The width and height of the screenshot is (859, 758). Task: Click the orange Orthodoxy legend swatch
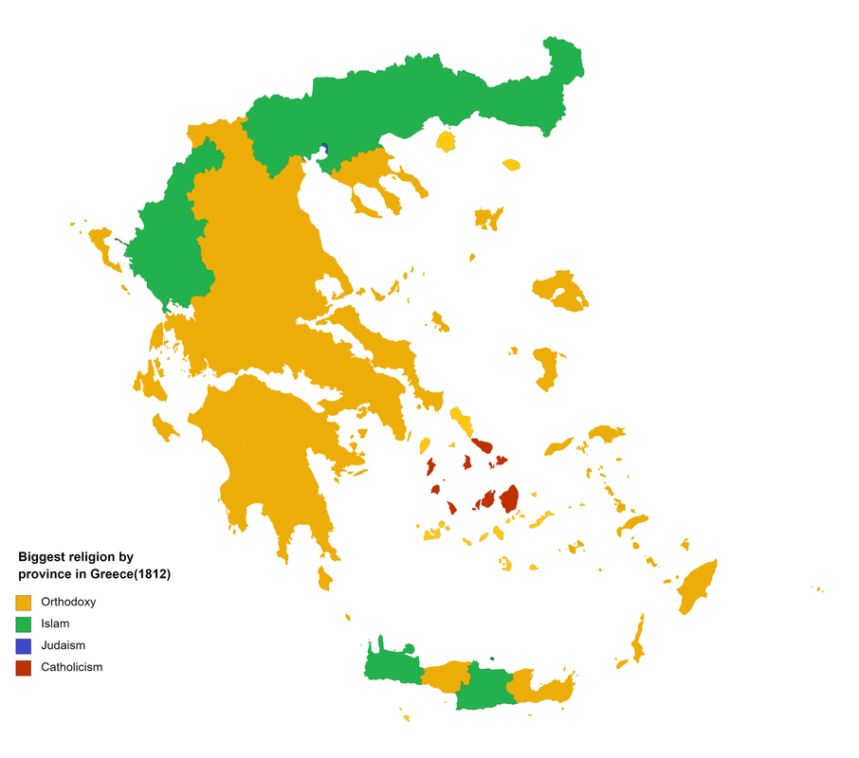point(23,602)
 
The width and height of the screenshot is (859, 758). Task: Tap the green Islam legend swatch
point(23,623)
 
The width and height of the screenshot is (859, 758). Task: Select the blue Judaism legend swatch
point(23,645)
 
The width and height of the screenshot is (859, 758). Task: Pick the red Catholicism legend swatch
point(23,667)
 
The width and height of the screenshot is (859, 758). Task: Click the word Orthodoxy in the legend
point(68,602)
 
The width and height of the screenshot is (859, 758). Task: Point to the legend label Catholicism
point(71,667)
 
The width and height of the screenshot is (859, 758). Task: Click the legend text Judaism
point(63,645)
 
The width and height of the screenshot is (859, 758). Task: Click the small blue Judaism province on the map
point(324,149)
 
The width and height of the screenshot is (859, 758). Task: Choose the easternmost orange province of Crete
point(543,690)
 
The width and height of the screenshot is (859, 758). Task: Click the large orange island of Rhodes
point(698,586)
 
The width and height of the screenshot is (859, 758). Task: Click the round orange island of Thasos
point(446,142)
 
